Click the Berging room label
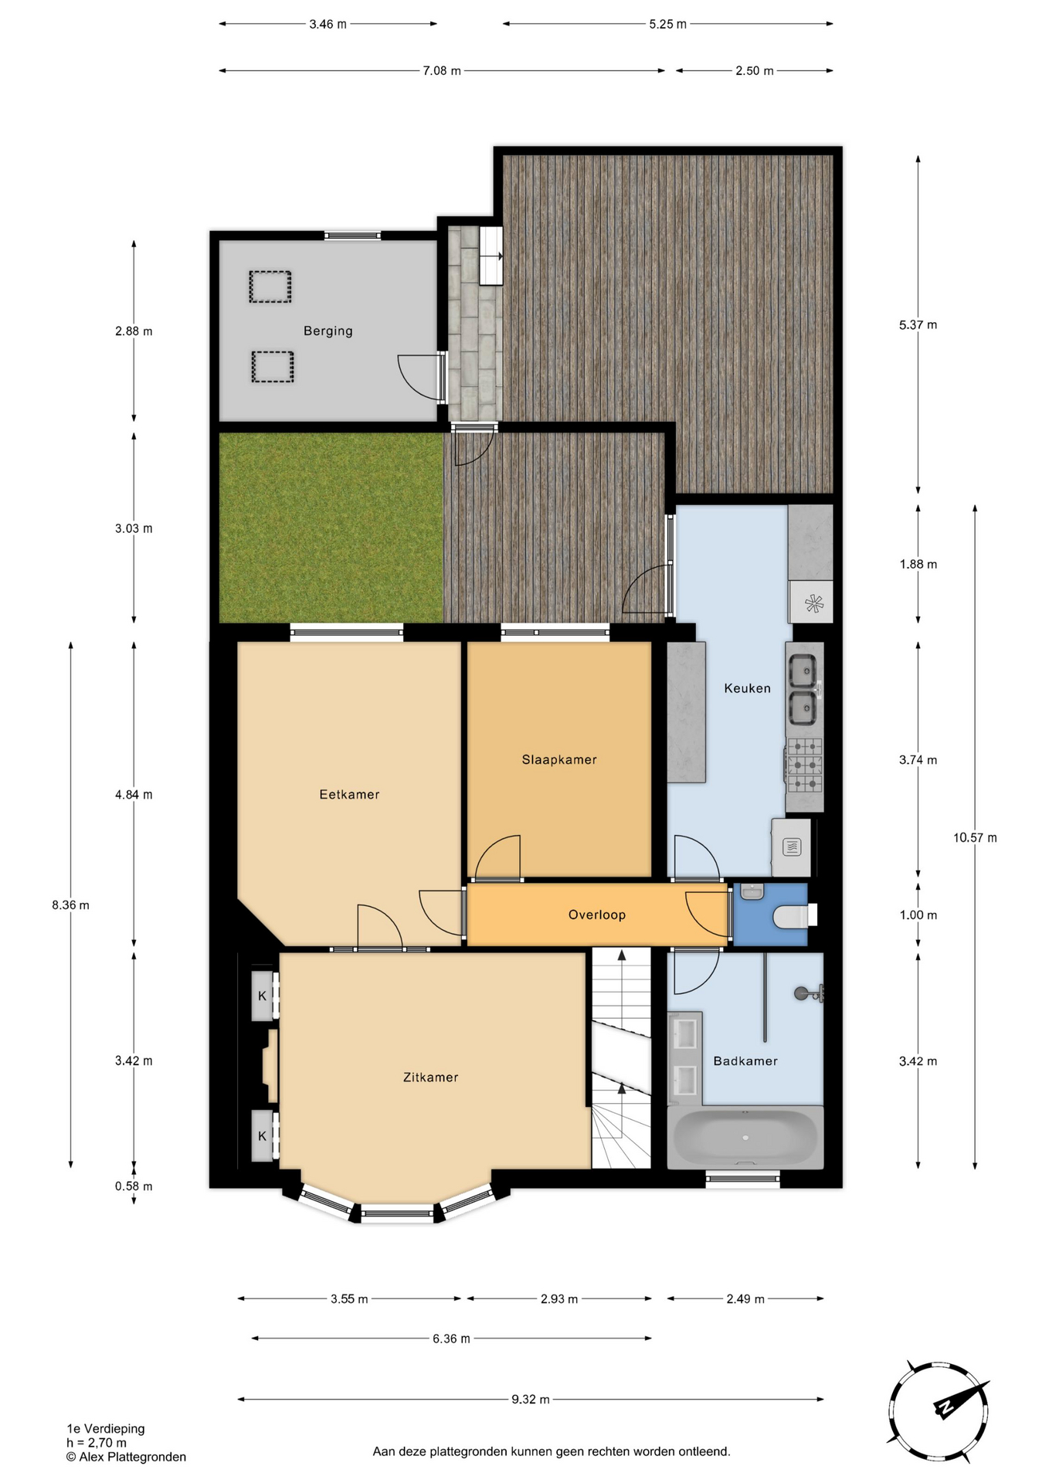pyautogui.click(x=328, y=331)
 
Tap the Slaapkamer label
pyautogui.click(x=559, y=759)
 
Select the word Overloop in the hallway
pyautogui.click(x=597, y=915)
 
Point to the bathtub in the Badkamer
pyautogui.click(x=745, y=1137)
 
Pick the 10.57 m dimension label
pyautogui.click(x=975, y=837)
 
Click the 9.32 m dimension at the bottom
pyautogui.click(x=531, y=1399)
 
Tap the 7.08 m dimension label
pyautogui.click(x=442, y=70)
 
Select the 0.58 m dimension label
pyautogui.click(x=134, y=1186)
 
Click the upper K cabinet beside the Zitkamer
pyautogui.click(x=263, y=996)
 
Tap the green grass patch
pyautogui.click(x=331, y=528)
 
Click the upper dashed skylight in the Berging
pyautogui.click(x=270, y=287)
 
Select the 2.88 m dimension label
pyautogui.click(x=134, y=331)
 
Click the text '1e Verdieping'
pyautogui.click(x=106, y=1428)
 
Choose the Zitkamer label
pyautogui.click(x=431, y=1077)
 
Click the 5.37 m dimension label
pyautogui.click(x=918, y=324)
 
